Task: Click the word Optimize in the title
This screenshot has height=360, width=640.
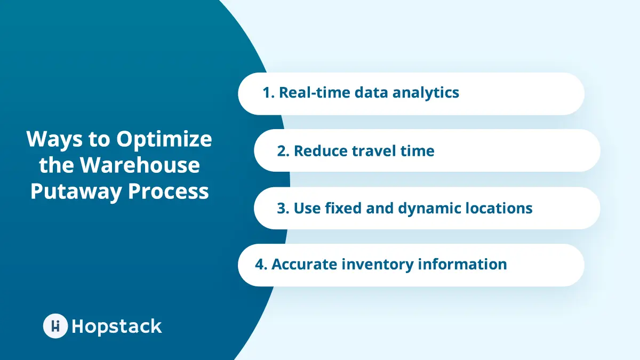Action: [x=164, y=140]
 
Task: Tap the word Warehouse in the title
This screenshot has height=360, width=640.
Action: [x=140, y=165]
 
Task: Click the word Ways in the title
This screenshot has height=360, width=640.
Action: [x=51, y=140]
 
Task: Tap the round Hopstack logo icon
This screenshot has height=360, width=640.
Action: [x=55, y=326]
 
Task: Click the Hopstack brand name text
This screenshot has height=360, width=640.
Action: [x=116, y=326]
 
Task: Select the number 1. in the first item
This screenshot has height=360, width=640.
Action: [x=268, y=93]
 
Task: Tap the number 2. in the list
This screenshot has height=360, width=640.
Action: [x=283, y=151]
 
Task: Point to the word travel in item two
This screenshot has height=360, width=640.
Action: [x=375, y=151]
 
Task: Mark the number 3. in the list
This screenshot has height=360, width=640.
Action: [x=283, y=208]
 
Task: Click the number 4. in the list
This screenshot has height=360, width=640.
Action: [x=261, y=265]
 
